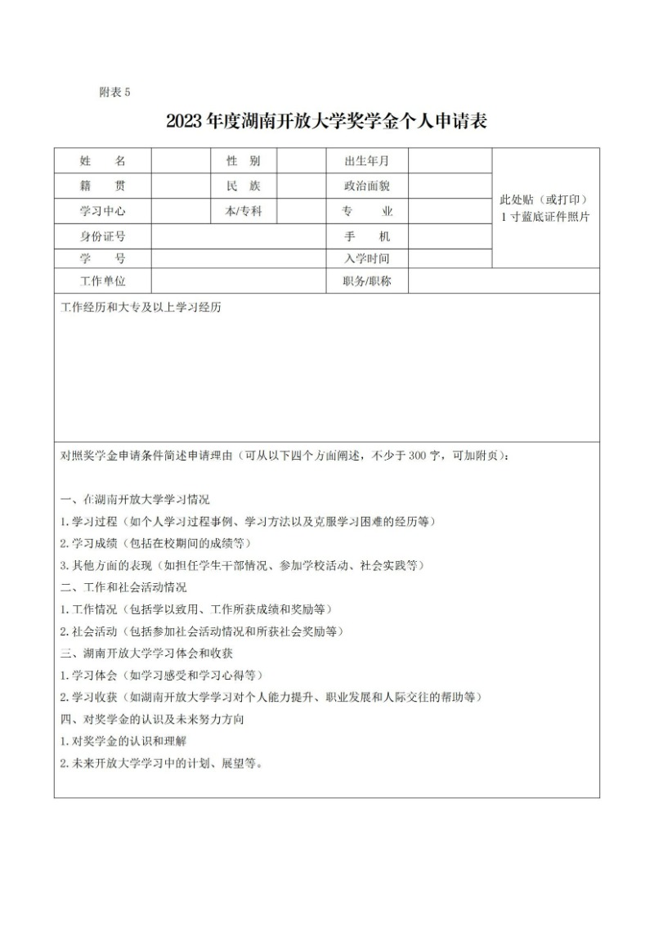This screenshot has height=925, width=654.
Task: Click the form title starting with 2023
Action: pos(326,123)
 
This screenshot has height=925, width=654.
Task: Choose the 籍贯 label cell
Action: pos(102,186)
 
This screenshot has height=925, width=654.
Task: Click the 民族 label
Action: pos(243,186)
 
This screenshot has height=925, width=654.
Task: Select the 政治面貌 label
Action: pos(367,186)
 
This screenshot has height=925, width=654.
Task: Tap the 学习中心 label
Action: pos(102,211)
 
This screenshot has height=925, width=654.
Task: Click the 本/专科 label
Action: pos(243,211)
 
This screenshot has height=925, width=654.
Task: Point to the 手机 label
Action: pos(367,236)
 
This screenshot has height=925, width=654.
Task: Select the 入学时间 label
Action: pos(367,259)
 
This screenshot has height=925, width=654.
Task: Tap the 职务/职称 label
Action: pos(367,281)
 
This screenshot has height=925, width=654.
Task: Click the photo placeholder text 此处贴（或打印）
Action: pos(545,200)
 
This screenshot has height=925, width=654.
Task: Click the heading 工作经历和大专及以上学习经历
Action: pos(141,308)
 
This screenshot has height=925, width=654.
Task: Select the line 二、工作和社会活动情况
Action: pos(123,587)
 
